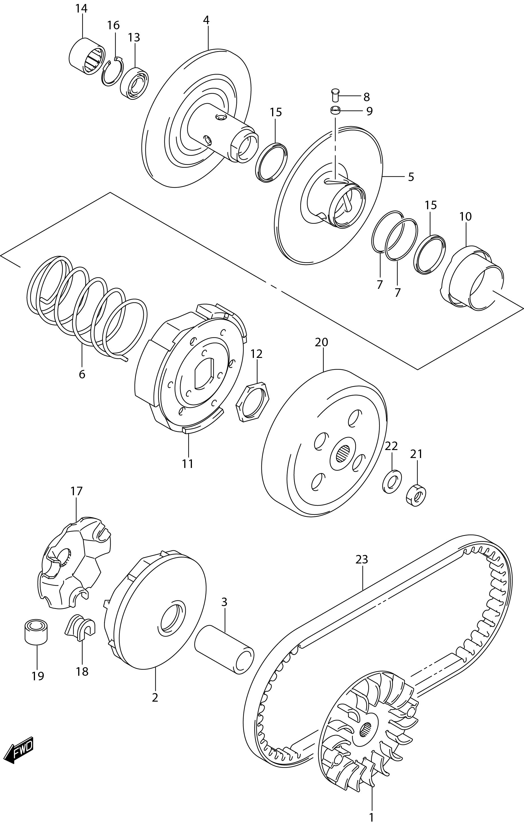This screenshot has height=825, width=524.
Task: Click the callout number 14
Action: pyautogui.click(x=82, y=8)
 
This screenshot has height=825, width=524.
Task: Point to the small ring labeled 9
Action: pyautogui.click(x=335, y=110)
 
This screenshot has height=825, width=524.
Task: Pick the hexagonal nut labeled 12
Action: pyautogui.click(x=252, y=401)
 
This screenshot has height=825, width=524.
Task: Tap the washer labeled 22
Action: pyautogui.click(x=392, y=481)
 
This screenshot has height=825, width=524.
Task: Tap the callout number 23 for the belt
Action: pyautogui.click(x=362, y=559)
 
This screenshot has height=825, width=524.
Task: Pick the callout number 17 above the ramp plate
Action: pyautogui.click(x=77, y=491)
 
